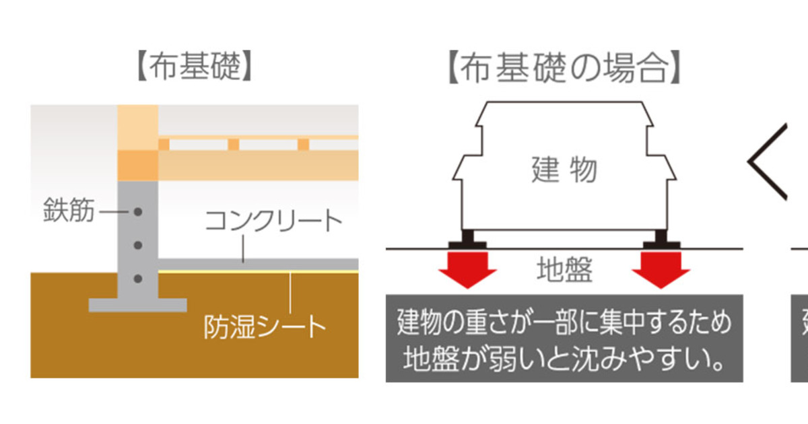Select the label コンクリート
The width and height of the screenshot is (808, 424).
[273, 221]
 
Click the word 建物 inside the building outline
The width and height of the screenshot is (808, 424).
[564, 170]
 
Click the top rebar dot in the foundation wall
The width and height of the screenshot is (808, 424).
[138, 212]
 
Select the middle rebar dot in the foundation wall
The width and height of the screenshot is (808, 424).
[138, 245]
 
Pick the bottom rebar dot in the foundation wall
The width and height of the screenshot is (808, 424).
[138, 278]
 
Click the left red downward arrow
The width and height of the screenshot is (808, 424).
[467, 269]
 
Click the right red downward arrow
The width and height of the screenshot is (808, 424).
[661, 269]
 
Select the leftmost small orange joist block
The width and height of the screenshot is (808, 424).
[164, 144]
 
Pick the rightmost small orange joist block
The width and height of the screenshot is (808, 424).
[303, 144]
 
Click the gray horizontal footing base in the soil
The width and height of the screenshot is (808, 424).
[138, 305]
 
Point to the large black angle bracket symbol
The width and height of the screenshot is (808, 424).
[768, 162]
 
